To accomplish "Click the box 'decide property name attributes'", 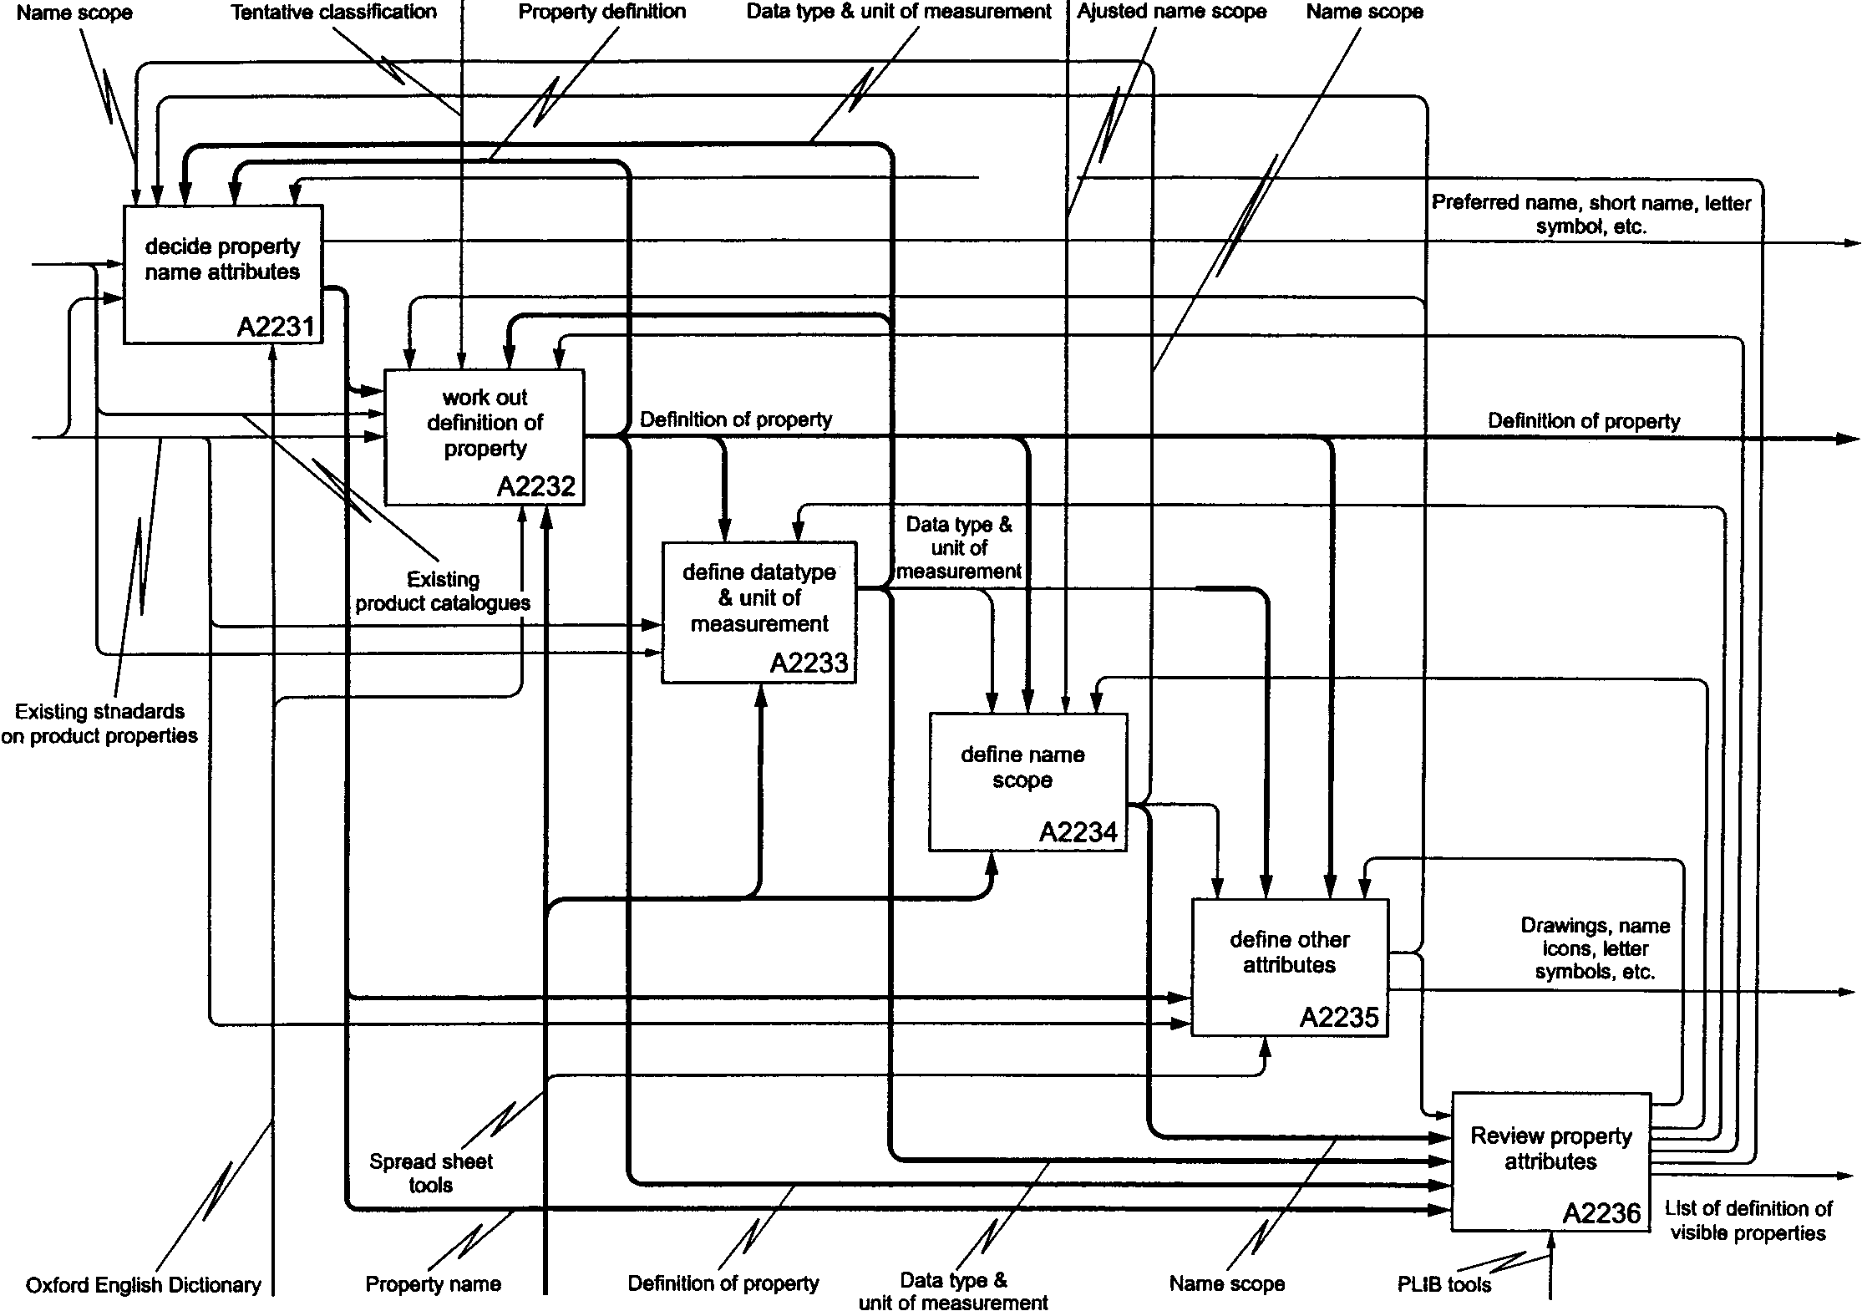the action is [223, 274].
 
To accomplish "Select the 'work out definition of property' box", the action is [485, 437].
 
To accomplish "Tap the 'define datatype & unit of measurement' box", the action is [758, 612].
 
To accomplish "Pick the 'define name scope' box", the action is [1028, 782].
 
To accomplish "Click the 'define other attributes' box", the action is [1290, 968].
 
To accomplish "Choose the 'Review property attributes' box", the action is [1551, 1161].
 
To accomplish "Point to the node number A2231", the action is [276, 327].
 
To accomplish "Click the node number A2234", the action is [1078, 832].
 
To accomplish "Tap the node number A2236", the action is [1601, 1212].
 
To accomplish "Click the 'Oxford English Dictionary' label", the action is [144, 1284].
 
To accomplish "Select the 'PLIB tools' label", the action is [1443, 1284].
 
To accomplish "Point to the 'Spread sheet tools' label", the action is [431, 1172].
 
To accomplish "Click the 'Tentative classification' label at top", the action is [334, 12].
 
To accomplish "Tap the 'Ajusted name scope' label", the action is [1172, 12].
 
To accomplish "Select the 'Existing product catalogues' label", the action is [443, 591].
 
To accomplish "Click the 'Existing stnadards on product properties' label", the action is [99, 724].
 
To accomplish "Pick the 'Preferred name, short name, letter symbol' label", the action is [1591, 214].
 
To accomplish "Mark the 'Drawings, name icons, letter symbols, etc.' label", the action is [1595, 948].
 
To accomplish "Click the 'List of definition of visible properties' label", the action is [1748, 1221].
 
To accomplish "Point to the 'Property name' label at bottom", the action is [434, 1284].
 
